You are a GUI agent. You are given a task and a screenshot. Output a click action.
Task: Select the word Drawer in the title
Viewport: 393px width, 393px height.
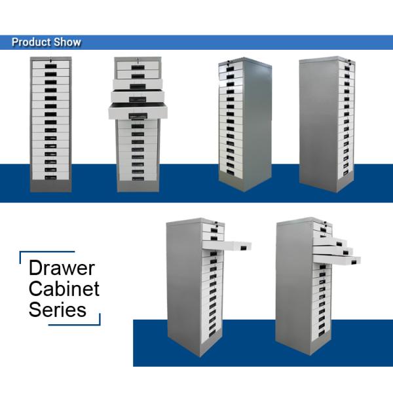coord(62,269)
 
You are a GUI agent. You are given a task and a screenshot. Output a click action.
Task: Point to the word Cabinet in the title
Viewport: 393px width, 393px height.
coord(64,288)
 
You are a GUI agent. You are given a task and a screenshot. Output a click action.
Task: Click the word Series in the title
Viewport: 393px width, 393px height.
coord(58,309)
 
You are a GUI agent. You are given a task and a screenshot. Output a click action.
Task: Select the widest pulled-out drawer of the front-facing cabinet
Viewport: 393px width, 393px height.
coord(138,111)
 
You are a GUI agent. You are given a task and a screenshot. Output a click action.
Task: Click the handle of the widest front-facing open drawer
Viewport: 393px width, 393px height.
coord(138,116)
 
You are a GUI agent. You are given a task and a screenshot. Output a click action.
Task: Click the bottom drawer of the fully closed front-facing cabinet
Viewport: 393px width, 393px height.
coord(50,176)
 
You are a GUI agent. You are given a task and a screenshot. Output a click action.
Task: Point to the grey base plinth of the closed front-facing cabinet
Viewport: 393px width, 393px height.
coord(50,187)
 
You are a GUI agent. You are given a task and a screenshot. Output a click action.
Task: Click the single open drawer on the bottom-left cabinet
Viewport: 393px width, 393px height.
coord(227,245)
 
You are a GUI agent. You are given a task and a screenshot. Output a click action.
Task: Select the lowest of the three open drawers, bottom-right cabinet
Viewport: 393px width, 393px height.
coord(337,259)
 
